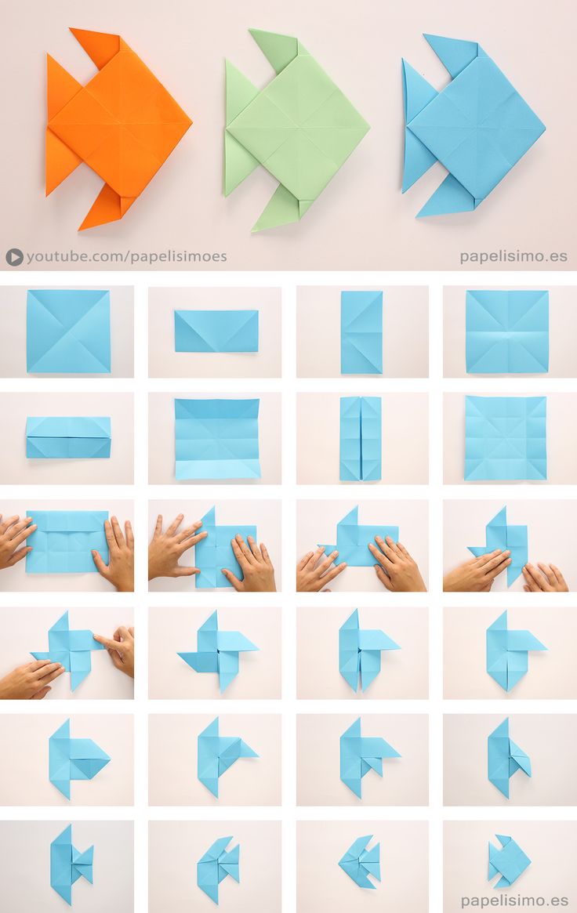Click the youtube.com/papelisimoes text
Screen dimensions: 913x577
tap(126, 256)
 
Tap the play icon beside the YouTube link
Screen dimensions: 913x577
tap(14, 256)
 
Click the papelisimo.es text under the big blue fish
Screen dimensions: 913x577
tap(513, 256)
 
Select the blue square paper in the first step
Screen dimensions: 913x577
tap(68, 331)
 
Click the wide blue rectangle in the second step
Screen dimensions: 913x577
tap(216, 331)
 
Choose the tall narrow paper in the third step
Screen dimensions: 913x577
tap(361, 332)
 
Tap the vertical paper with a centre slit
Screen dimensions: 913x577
tap(360, 438)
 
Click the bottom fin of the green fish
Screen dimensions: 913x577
tap(276, 208)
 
